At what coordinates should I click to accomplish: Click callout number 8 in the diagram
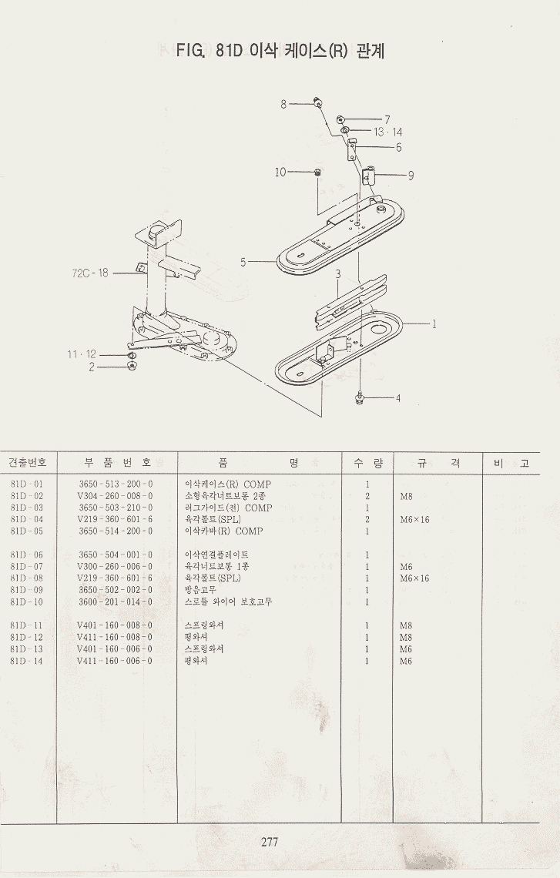click(283, 104)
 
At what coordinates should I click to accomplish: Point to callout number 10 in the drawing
click(280, 172)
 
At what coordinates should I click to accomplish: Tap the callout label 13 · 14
click(388, 132)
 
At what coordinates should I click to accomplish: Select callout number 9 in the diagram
click(411, 175)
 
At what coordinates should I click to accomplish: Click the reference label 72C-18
click(91, 273)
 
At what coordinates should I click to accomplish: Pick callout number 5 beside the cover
click(243, 262)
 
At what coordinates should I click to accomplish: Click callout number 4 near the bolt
click(398, 398)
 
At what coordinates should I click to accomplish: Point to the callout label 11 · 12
click(82, 354)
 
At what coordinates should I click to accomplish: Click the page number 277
click(269, 842)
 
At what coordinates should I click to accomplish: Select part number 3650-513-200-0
click(116, 484)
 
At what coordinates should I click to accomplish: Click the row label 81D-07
click(27, 566)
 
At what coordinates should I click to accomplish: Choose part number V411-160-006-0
click(115, 661)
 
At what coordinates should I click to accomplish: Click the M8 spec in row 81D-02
click(406, 497)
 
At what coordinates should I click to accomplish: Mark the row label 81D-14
click(27, 661)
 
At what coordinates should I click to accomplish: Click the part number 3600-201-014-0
click(116, 602)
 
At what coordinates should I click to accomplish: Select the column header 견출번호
click(28, 462)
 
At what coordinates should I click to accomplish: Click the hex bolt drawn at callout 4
click(360, 397)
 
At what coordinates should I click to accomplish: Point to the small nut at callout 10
click(318, 172)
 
